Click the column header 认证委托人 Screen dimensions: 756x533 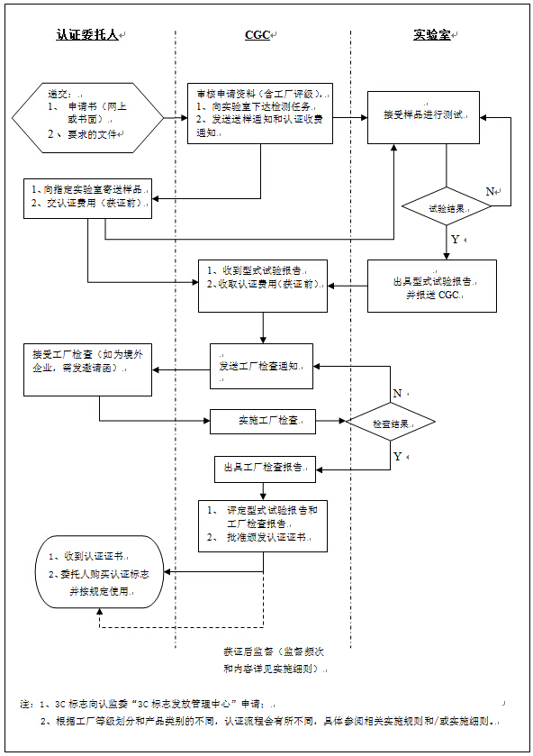click(86, 35)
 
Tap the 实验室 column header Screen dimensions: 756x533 click(433, 35)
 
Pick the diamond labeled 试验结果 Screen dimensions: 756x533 click(447, 206)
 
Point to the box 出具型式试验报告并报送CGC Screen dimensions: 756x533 click(431, 286)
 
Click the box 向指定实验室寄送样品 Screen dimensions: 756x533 click(86, 196)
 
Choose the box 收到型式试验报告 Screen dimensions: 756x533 click(262, 285)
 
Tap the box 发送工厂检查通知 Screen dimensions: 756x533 click(262, 367)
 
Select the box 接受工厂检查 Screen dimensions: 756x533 click(86, 368)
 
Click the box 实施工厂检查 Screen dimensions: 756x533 click(262, 421)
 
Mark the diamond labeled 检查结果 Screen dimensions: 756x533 click(392, 422)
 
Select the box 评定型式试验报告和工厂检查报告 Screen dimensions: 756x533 click(262, 524)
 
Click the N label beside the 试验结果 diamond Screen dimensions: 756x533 click(491, 192)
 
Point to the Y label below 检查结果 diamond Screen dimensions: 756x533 click(397, 457)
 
